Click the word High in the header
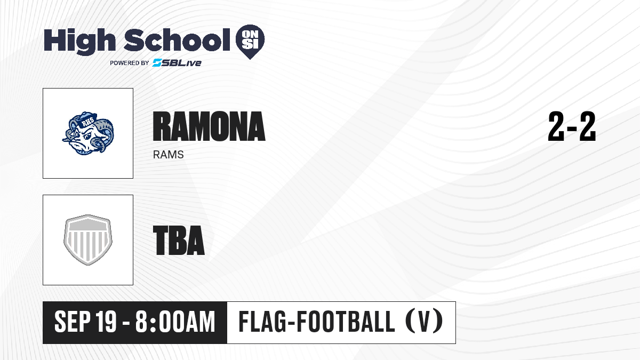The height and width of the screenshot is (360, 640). [x=79, y=41]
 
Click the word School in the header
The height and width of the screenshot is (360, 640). [x=177, y=39]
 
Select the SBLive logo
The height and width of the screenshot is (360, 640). [x=177, y=62]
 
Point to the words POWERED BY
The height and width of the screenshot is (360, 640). [x=130, y=63]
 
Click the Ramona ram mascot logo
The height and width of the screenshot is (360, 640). [x=88, y=133]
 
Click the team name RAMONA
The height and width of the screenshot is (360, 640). [x=209, y=126]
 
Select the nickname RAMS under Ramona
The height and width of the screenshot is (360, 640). [x=169, y=155]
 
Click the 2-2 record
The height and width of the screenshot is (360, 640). [x=572, y=126]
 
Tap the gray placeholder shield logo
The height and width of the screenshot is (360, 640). [x=88, y=240]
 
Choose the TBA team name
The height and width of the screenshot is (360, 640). [x=179, y=240]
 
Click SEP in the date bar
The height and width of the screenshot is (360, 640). [x=73, y=322]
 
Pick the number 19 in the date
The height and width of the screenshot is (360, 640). [x=106, y=322]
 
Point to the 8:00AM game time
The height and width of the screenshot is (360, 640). [x=175, y=322]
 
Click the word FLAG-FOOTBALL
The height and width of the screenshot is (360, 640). [x=316, y=322]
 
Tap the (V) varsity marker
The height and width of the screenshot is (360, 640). [x=424, y=322]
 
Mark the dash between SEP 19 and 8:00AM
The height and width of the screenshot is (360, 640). [x=126, y=323]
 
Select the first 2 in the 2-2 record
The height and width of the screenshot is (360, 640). [x=556, y=126]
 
